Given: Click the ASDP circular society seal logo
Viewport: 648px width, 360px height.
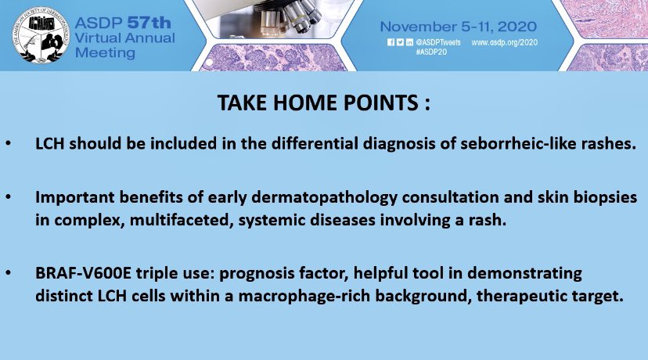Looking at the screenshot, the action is [x=41, y=35].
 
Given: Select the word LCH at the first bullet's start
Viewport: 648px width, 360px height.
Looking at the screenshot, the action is [x=50, y=143].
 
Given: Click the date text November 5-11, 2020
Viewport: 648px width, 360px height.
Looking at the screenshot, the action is [x=459, y=27].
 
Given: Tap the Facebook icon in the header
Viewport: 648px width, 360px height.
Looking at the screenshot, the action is [x=391, y=42].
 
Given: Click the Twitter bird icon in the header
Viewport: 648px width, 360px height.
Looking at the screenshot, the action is [x=400, y=42].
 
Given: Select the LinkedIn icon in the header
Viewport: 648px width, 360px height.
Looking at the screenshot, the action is [x=409, y=42].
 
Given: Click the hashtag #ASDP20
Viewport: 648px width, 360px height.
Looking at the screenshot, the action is [x=431, y=52].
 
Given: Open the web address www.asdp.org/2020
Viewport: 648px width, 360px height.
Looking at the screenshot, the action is [x=504, y=42].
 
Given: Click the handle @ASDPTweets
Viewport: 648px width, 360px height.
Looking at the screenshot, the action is [x=438, y=42].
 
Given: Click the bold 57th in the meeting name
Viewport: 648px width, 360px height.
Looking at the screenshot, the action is [x=149, y=23].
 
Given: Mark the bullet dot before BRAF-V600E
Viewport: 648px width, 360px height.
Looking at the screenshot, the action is [x=9, y=273].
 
